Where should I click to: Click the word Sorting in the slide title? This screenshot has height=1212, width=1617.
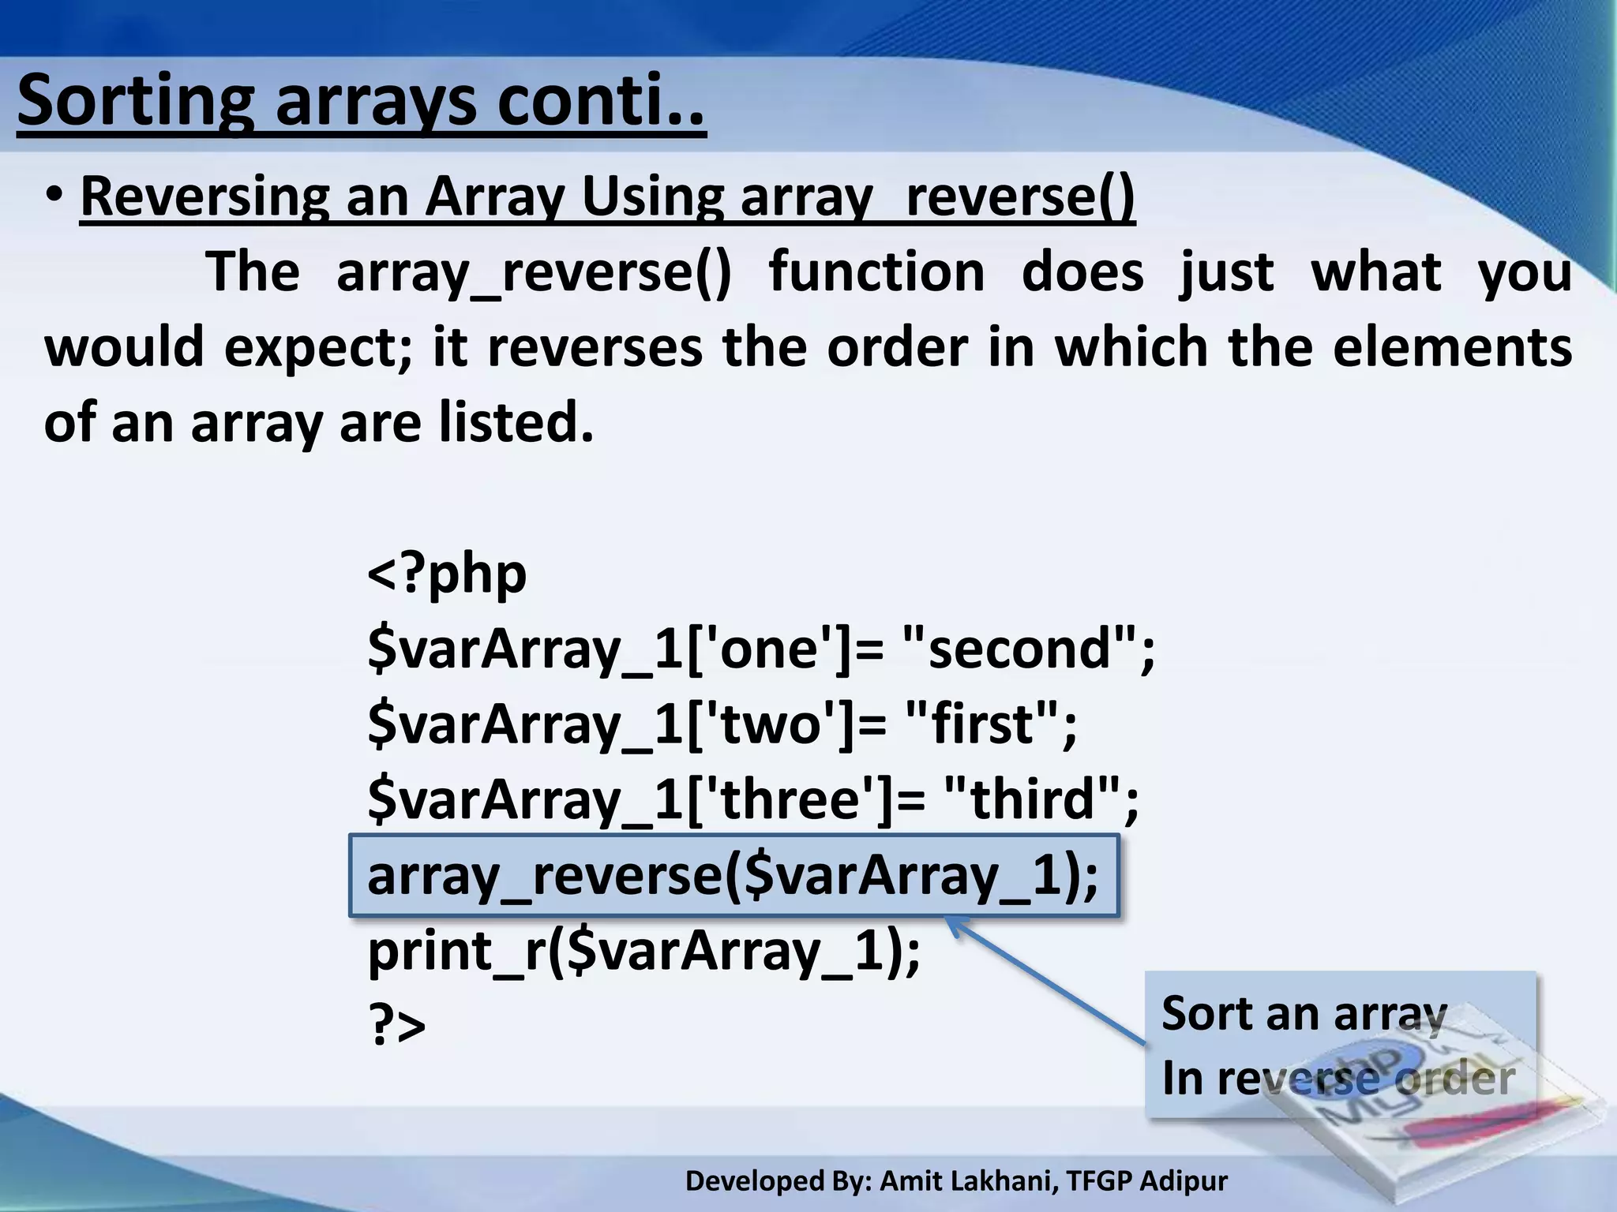[134, 103]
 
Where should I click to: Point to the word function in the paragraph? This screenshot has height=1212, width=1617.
[876, 272]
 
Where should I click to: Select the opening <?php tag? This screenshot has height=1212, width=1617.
[447, 573]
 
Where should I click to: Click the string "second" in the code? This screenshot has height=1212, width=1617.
[1019, 649]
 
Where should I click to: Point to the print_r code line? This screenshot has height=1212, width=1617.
[643, 951]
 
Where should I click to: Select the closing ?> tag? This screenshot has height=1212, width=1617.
[397, 1026]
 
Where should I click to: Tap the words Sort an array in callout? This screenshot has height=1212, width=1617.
[1304, 1013]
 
